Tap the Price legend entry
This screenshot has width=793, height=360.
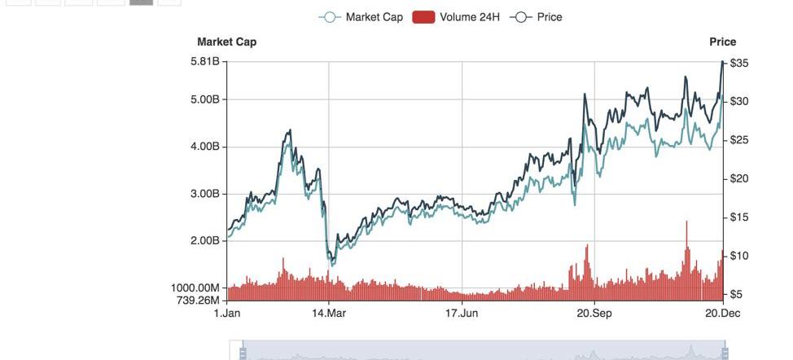tap(537, 17)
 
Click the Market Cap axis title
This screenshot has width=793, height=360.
tap(226, 42)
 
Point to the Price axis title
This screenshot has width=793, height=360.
tap(722, 42)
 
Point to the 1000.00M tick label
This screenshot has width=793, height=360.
tap(196, 288)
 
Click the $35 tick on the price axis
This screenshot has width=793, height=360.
tap(739, 63)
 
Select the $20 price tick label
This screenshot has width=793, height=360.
tap(739, 179)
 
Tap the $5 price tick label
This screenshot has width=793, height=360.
tap(737, 295)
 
